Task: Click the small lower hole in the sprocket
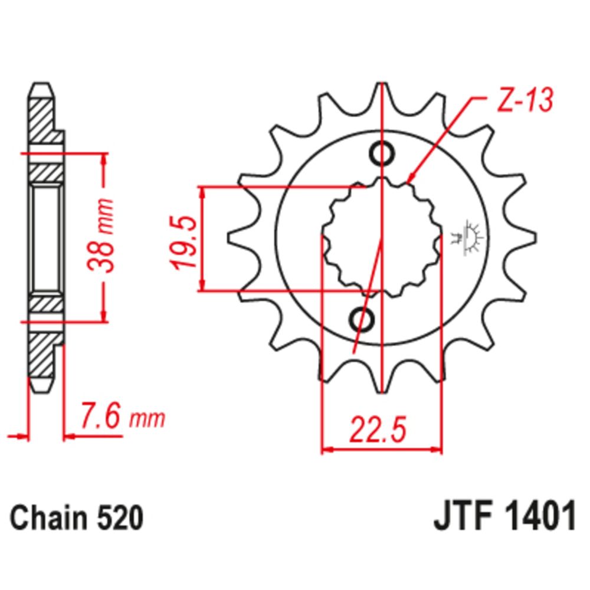click(x=362, y=319)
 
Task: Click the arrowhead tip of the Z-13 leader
click(x=409, y=179)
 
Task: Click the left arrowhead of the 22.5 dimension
click(x=323, y=451)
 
